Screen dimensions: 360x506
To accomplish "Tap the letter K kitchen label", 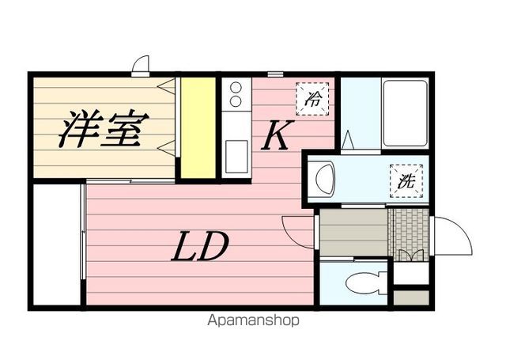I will (x=274, y=136).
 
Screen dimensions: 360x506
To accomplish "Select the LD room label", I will (x=201, y=248).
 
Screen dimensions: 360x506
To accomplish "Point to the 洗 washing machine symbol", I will (x=406, y=180).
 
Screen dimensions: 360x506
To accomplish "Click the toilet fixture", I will (x=367, y=281).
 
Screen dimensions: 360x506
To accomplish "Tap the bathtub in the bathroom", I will (x=405, y=112).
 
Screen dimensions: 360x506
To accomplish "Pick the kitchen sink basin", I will (x=236, y=155).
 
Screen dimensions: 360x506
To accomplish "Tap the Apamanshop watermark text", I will (x=255, y=322).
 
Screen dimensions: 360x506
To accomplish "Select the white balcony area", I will (x=58, y=243).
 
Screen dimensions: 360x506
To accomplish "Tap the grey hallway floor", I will (x=353, y=231).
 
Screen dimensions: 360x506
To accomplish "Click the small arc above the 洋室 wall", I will (x=141, y=64).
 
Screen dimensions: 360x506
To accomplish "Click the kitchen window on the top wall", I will (x=275, y=74).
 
